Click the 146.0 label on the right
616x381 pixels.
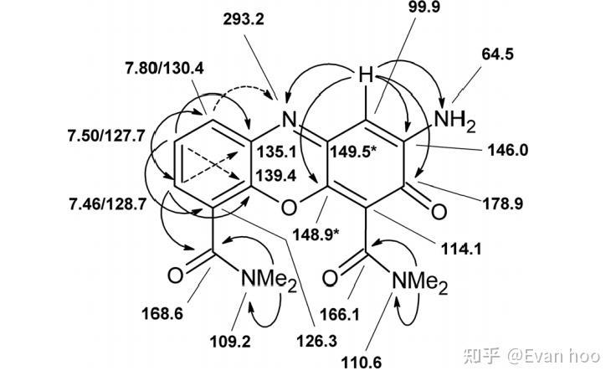[508, 151]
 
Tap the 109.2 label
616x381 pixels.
[232, 342]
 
